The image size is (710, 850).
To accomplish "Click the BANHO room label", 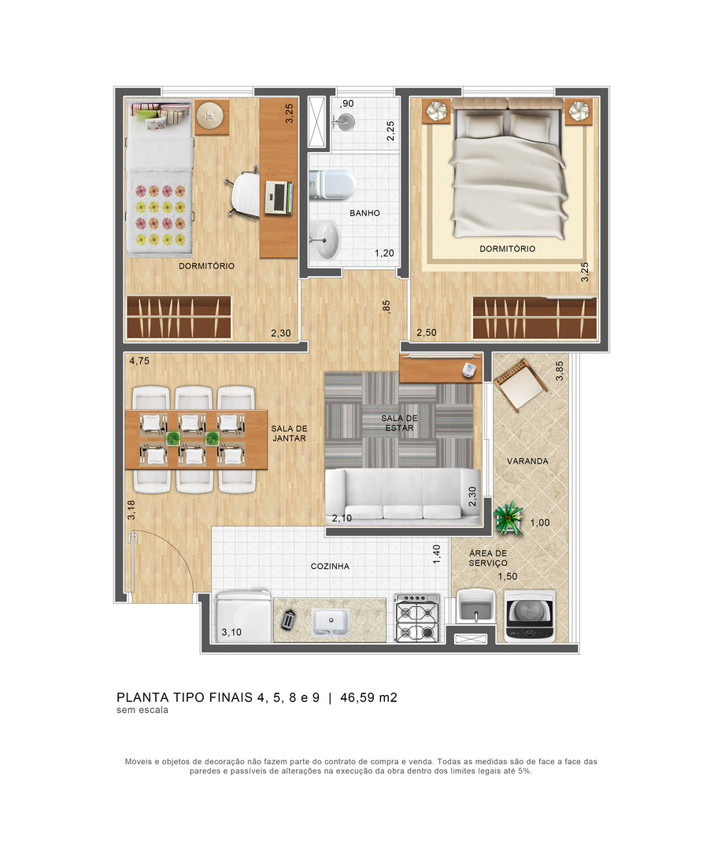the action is tap(364, 213).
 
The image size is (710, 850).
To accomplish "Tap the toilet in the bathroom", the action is tap(331, 184).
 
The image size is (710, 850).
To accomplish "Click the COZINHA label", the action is tap(330, 566).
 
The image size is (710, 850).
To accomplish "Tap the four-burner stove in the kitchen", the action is tap(416, 618).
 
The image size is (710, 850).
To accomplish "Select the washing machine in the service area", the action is tap(530, 615).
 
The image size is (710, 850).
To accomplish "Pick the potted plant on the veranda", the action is tap(508, 518).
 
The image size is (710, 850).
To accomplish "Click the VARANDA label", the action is tap(527, 460).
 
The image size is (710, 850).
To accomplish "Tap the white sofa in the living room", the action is tap(403, 496).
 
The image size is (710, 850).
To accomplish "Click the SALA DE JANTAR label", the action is tap(289, 433).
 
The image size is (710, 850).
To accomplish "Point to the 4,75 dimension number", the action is tap(139, 360).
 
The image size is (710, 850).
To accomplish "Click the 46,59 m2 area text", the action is tap(368, 697).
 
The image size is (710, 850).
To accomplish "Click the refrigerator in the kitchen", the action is tap(243, 616).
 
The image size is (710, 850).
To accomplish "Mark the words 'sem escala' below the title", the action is tap(142, 710).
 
